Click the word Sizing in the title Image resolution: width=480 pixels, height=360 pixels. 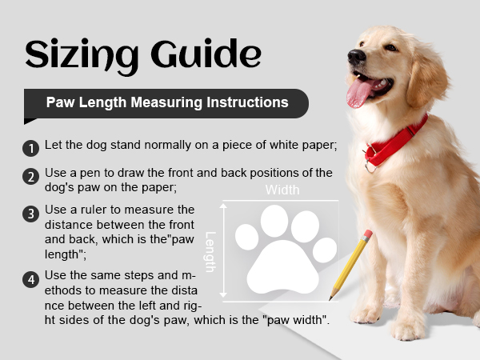click(x=82, y=56)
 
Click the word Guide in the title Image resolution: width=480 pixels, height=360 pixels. click(x=206, y=54)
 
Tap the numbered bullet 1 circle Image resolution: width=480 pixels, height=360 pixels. click(x=31, y=149)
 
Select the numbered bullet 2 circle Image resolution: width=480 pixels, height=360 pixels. click(x=31, y=177)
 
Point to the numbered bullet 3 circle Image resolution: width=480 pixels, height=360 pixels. click(x=31, y=214)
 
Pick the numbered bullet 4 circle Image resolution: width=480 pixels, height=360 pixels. click(x=31, y=279)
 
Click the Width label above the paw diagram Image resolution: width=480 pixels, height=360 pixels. click(x=282, y=190)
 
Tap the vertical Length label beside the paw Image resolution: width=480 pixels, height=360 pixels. click(x=210, y=252)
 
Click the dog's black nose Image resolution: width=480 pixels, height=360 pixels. click(x=356, y=56)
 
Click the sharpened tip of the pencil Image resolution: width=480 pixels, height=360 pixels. click(x=330, y=298)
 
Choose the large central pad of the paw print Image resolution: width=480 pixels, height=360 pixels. click(x=282, y=267)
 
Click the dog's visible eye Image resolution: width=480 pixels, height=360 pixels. click(x=390, y=48)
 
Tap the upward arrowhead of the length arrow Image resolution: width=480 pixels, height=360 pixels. click(x=223, y=206)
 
